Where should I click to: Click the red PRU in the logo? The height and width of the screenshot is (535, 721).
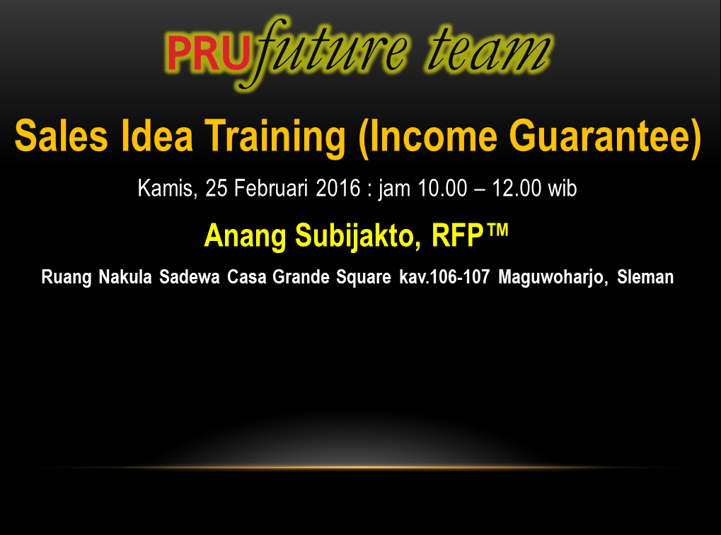click(x=209, y=53)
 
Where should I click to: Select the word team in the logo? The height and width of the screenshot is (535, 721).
click(x=489, y=50)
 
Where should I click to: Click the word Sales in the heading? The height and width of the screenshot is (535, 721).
click(x=61, y=136)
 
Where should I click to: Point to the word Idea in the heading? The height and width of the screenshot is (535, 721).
click(x=157, y=136)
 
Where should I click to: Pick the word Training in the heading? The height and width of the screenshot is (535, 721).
click(x=275, y=139)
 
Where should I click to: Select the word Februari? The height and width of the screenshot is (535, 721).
click(x=271, y=188)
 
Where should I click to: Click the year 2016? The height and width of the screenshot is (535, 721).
click(x=338, y=188)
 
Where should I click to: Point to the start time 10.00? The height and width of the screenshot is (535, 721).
click(x=442, y=188)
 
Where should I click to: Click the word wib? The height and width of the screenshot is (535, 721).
click(x=563, y=188)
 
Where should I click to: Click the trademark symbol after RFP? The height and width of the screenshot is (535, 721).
click(x=497, y=229)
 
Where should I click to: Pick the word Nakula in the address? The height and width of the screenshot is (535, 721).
click(x=125, y=277)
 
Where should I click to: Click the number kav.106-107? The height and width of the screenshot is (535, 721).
click(x=444, y=277)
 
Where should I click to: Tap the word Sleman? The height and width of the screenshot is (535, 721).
click(x=645, y=277)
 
